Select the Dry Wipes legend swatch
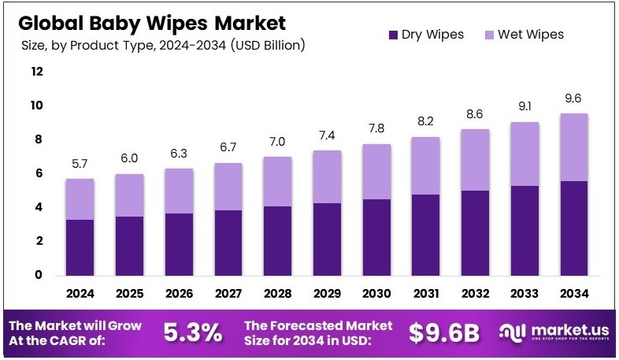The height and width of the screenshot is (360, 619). pyautogui.click(x=393, y=35)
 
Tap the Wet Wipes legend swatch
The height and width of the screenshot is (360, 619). pyautogui.click(x=489, y=35)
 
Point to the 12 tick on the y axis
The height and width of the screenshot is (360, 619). pyautogui.click(x=37, y=72)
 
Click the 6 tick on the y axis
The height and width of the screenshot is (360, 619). pyautogui.click(x=37, y=173)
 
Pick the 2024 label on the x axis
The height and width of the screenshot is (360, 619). pyautogui.click(x=80, y=293)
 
